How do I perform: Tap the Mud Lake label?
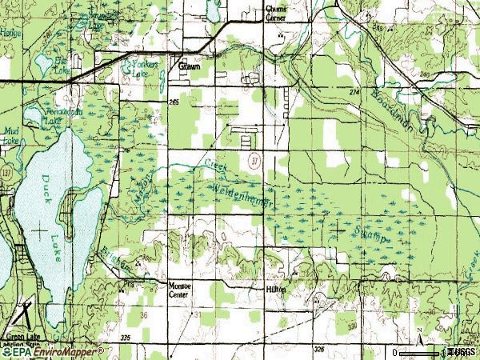[10, 137]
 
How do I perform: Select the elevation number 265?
[174, 102]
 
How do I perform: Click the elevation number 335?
[124, 340]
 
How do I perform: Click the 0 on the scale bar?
[395, 352]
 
